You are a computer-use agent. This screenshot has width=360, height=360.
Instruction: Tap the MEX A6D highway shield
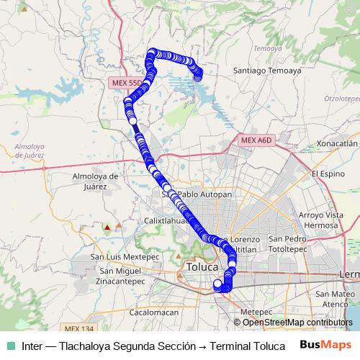click(x=256, y=140)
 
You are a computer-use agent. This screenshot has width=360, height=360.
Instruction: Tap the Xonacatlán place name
click(x=332, y=143)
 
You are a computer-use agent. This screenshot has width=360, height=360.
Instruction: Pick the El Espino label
click(x=329, y=174)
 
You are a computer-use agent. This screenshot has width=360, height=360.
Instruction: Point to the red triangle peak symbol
click(x=107, y=228)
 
